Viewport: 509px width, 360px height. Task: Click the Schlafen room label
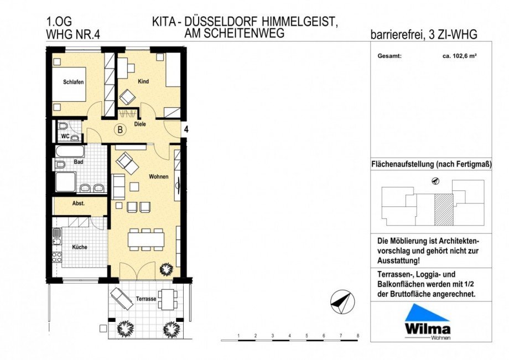point(73,82)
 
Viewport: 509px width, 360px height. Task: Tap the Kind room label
point(143,81)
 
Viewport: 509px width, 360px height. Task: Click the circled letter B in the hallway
point(119,131)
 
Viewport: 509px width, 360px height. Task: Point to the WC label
point(65,135)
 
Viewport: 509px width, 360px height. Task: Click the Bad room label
point(79,163)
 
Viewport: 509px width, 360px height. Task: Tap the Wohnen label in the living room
point(158,176)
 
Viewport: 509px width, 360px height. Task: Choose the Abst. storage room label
point(79,204)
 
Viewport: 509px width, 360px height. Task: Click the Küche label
point(79,247)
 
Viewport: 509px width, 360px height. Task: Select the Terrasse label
point(147,299)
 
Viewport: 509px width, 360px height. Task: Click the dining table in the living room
point(147,239)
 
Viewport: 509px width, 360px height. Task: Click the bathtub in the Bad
point(69,151)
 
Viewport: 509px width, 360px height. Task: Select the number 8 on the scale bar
point(358,336)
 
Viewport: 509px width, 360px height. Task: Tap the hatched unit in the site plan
point(442,209)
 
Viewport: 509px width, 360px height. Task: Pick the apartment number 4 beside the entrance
point(186,129)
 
